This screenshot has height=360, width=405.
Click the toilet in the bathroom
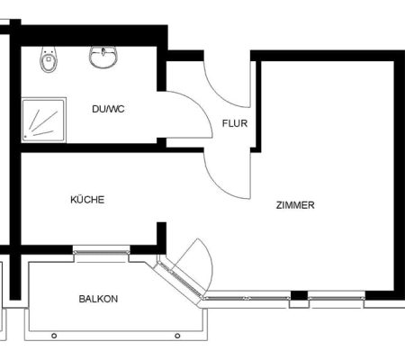pos(49,59)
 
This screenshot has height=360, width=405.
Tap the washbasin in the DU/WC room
pos(103,57)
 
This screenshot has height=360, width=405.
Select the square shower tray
pos(44,120)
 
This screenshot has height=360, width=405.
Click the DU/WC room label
pos(108,109)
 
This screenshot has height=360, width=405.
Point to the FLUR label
pos(235,123)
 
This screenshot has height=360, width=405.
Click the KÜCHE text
pos(87,200)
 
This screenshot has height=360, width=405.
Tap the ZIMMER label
pos(295,205)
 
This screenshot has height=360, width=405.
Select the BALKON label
pos(98,299)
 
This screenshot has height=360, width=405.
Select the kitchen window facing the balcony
pos(102,252)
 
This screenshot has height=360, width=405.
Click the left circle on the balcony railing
pos(54,336)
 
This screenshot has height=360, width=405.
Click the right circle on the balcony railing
pos(177,336)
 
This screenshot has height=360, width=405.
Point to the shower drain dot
pos(26,137)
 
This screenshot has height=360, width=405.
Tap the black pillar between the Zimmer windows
pos(300,295)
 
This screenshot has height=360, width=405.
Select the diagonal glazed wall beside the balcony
pos(180,279)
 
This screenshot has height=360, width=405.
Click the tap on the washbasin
pos(103,51)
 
